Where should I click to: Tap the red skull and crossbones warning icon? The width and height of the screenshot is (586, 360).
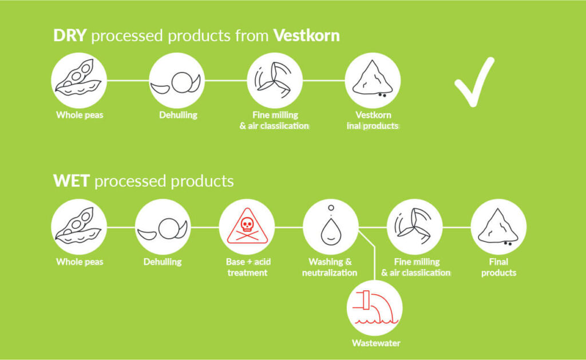pos(247,227)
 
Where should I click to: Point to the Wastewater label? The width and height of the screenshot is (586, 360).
pos(376,343)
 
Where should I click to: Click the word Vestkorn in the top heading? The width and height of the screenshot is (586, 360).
pos(307,35)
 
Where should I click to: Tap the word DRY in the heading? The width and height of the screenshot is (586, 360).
pos(70,35)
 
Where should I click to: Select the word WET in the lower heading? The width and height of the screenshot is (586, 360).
pos(72,181)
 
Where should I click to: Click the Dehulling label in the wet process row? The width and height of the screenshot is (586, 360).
pos(163,262)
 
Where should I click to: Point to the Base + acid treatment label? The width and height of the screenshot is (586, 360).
pos(248,267)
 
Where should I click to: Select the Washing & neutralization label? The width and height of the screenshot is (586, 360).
pos(330,267)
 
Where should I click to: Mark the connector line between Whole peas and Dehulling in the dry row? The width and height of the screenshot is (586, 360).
pos(128,80)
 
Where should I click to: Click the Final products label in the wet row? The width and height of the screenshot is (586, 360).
pos(498,267)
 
